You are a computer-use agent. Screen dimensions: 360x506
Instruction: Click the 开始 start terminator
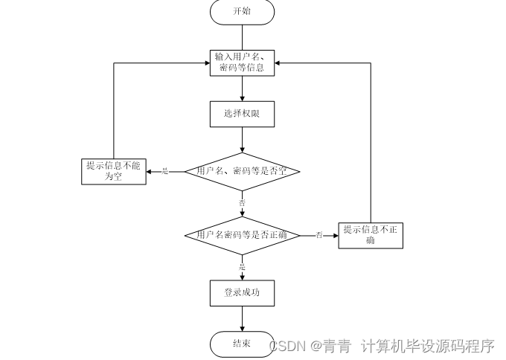tap(243, 12)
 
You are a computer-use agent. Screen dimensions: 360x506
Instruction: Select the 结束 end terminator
tap(243, 344)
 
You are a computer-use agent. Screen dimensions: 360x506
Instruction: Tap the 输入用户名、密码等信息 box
tap(243, 62)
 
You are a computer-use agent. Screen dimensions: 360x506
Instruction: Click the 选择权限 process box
tap(243, 114)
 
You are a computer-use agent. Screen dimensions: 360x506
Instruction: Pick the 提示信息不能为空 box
tap(113, 171)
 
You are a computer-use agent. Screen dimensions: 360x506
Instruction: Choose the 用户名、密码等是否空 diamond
tap(243, 171)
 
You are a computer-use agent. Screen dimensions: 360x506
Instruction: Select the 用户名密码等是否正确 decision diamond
tap(243, 235)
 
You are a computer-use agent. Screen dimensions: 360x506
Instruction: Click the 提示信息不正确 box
tap(371, 235)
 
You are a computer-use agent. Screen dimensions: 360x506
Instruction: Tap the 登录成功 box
tap(243, 292)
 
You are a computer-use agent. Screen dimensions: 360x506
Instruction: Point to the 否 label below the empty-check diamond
tap(242, 202)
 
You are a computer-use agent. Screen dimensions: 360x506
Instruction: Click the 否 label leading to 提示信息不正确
tap(319, 235)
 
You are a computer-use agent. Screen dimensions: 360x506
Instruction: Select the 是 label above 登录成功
tap(242, 266)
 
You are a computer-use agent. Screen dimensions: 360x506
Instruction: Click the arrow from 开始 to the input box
tap(243, 37)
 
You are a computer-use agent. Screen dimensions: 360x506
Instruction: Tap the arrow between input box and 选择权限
tap(243, 88)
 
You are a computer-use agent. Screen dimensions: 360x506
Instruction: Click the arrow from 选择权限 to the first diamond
tap(243, 139)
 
